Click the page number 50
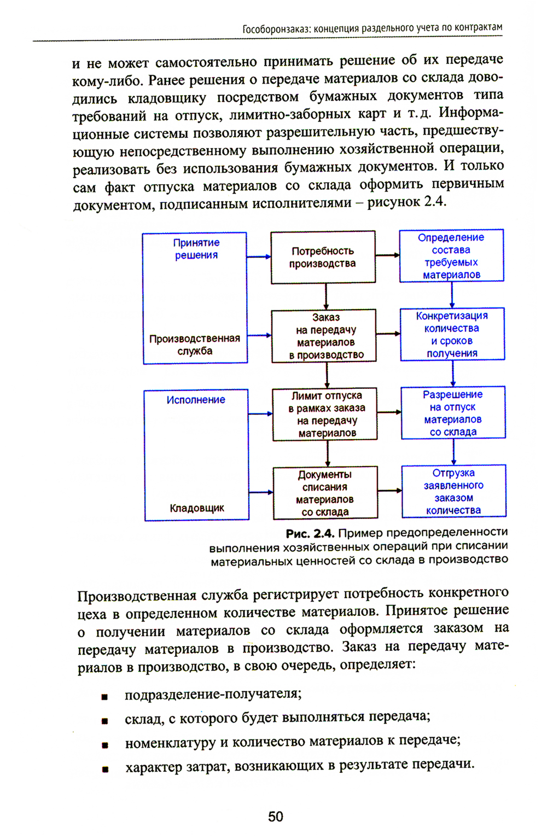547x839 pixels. (275, 817)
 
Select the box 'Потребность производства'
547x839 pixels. (323, 257)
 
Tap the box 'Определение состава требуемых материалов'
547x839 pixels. (451, 256)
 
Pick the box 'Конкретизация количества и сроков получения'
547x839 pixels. (452, 334)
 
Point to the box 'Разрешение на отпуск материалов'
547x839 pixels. (453, 413)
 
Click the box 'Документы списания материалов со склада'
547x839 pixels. (325, 493)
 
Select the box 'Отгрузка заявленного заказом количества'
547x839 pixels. (453, 491)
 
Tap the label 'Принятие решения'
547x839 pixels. (196, 249)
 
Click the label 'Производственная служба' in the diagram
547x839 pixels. (195, 345)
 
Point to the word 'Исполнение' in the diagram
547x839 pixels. (196, 400)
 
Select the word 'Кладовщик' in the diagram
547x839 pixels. (197, 508)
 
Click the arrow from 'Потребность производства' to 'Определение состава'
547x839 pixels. (387, 255)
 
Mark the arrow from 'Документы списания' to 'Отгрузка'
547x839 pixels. (389, 491)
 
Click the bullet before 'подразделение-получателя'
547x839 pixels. (104, 697)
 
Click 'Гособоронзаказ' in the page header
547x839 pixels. (276, 28)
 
